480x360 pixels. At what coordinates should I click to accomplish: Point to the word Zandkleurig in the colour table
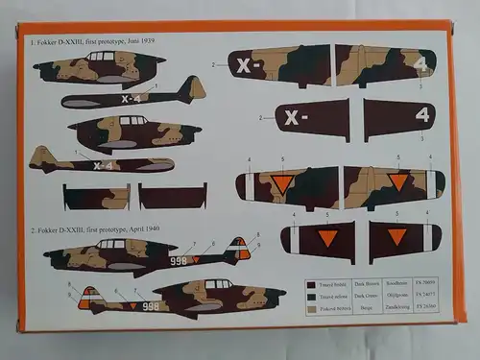tap(397, 305)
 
